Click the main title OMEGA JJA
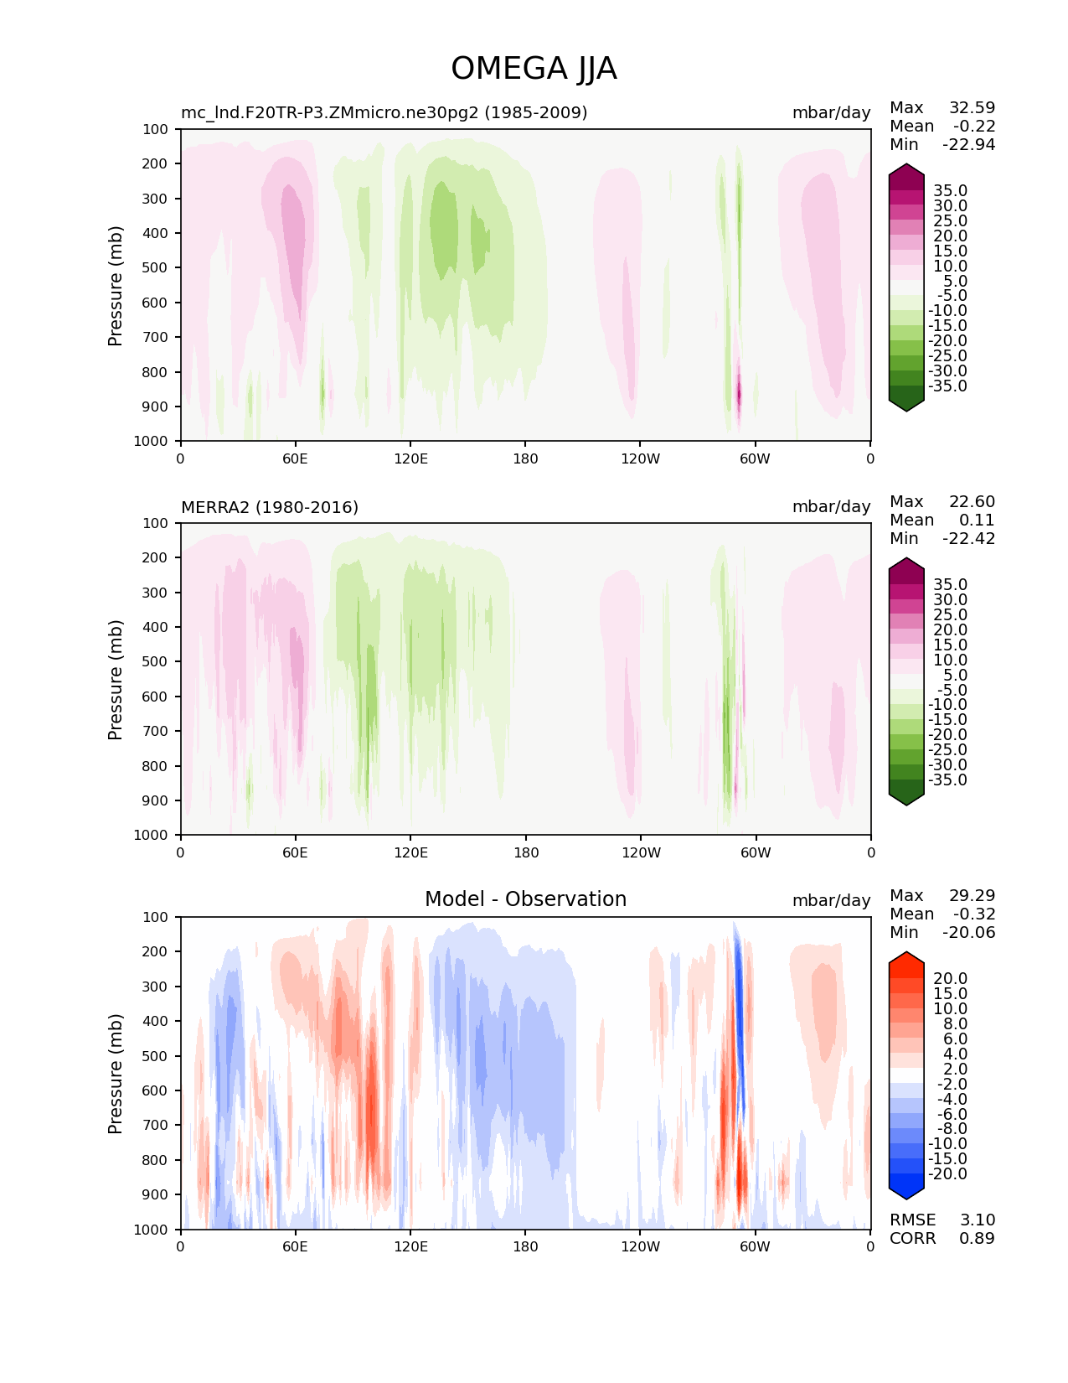(534, 69)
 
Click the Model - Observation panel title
(525, 899)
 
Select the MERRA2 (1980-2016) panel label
(270, 507)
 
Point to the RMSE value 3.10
(977, 1220)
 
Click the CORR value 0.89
(977, 1238)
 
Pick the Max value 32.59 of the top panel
(972, 107)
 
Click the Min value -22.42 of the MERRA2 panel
(968, 538)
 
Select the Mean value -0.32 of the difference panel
(974, 914)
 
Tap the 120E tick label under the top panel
(410, 458)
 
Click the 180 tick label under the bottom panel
(525, 1246)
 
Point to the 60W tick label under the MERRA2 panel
(756, 852)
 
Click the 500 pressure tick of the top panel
(157, 267)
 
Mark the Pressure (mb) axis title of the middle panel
(116, 679)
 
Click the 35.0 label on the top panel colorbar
(950, 191)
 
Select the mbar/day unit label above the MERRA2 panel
(831, 507)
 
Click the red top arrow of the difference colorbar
(906, 959)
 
